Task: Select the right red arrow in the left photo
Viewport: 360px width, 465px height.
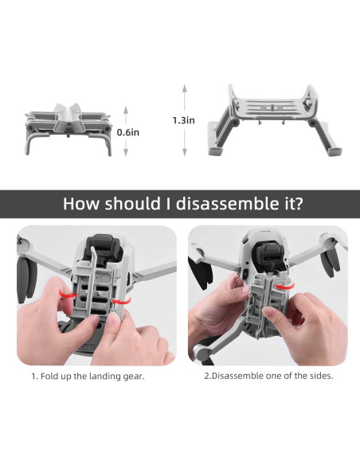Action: pos(119,302)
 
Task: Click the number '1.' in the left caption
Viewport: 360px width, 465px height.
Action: pos(35,376)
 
